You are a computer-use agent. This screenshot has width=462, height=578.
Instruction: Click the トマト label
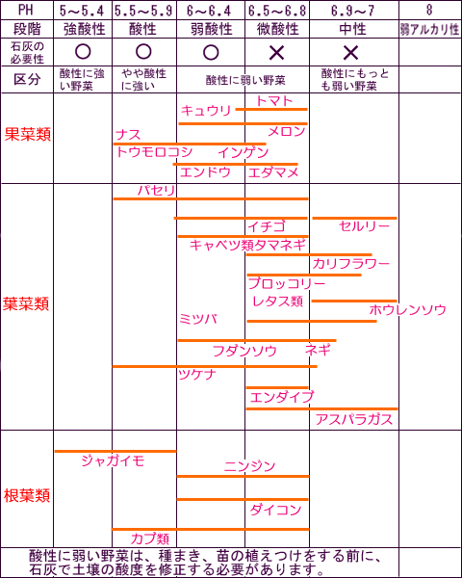click(274, 100)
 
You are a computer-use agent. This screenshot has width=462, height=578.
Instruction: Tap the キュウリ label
click(206, 110)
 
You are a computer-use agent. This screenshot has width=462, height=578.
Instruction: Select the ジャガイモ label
click(113, 460)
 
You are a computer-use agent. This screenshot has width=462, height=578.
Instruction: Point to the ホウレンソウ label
click(407, 309)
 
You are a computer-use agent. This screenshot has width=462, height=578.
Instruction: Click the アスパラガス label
click(354, 419)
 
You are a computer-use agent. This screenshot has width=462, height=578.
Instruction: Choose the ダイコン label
click(275, 511)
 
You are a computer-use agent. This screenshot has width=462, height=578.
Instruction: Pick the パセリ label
click(157, 191)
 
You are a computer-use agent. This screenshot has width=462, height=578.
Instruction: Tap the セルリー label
click(364, 226)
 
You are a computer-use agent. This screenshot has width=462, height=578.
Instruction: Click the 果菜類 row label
click(28, 135)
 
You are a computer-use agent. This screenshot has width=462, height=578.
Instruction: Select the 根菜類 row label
click(27, 496)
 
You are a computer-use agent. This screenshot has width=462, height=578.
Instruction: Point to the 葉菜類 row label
click(26, 304)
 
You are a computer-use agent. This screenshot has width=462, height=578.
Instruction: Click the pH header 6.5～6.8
click(277, 11)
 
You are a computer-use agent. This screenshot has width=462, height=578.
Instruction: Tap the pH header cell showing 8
click(429, 10)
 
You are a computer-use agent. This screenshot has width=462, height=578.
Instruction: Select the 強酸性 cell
click(85, 29)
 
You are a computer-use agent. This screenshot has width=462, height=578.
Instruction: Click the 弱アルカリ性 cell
click(429, 30)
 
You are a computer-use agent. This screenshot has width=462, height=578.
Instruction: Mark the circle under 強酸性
click(83, 52)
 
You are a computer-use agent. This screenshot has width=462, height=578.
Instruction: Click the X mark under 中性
click(350, 53)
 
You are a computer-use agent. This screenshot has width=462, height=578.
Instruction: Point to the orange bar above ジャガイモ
click(115, 451)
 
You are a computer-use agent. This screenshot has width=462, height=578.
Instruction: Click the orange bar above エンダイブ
click(277, 387)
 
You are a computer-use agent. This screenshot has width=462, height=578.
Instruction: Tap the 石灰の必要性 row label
click(27, 52)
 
